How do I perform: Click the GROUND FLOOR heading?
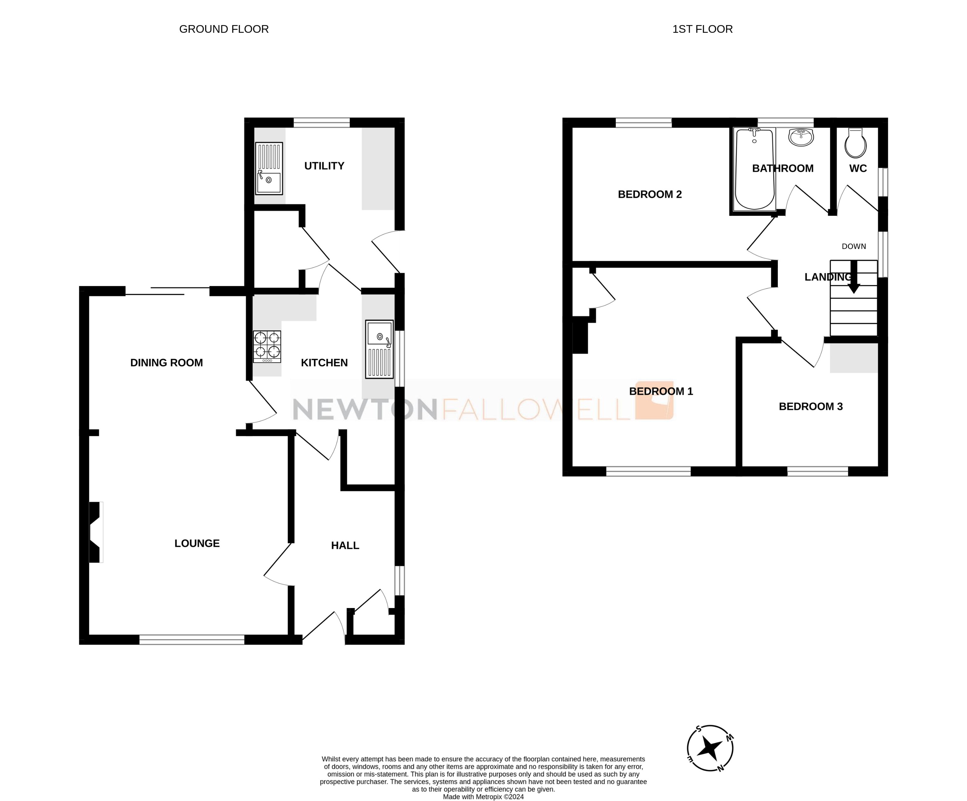click(x=224, y=29)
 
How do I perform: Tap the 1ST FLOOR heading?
click(x=702, y=29)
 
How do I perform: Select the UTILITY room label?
click(x=324, y=166)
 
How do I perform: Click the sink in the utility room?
click(x=269, y=168)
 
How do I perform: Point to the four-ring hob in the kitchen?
click(x=267, y=347)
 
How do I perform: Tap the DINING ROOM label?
click(x=166, y=363)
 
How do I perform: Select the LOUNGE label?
click(x=197, y=543)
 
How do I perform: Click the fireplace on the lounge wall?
click(x=95, y=532)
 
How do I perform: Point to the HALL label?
click(x=345, y=545)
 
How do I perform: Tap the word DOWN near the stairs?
click(x=854, y=246)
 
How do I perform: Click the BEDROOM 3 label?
click(x=810, y=407)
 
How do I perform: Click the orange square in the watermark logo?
click(x=654, y=400)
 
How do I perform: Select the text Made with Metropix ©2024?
click(x=483, y=797)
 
